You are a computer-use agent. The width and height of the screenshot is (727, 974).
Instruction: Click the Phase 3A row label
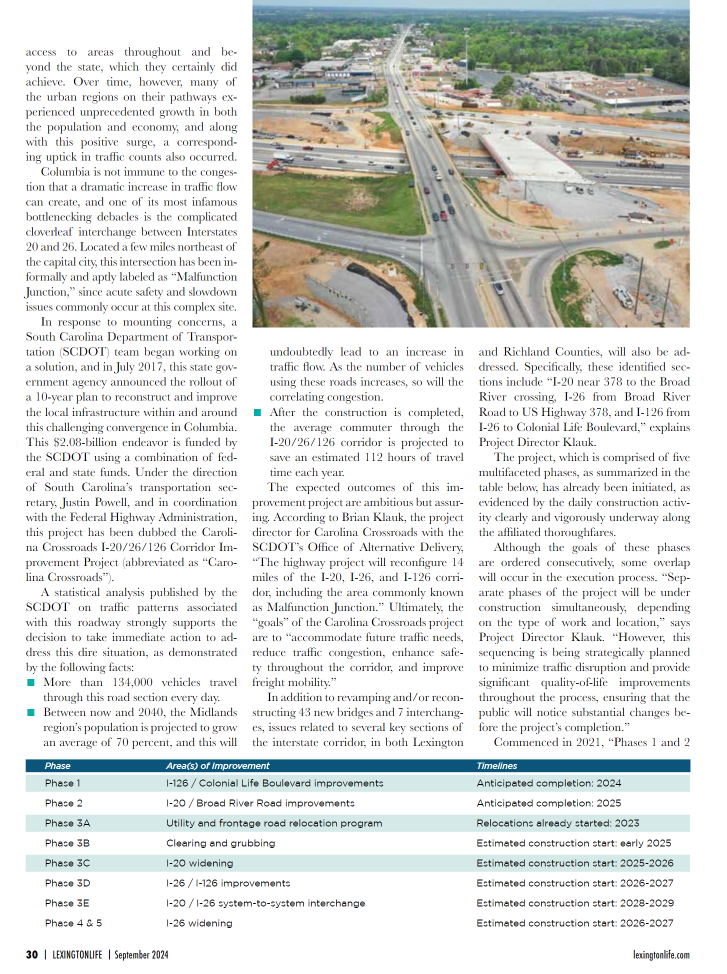click(x=67, y=823)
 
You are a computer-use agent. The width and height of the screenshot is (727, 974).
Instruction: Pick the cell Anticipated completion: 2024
click(x=548, y=783)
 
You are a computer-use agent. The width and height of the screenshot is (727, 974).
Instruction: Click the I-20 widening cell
click(x=200, y=863)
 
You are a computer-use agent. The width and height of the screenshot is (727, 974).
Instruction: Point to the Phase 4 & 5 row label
click(x=73, y=923)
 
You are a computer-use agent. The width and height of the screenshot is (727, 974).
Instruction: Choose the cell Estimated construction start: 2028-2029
click(x=574, y=903)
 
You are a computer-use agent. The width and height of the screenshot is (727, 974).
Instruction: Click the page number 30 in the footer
click(x=32, y=955)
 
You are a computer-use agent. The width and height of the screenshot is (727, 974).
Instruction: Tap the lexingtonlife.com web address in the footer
click(x=661, y=955)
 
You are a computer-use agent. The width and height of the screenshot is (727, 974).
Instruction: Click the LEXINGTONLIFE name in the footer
click(x=85, y=955)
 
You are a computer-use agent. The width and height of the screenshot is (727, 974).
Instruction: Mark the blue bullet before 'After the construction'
click(x=258, y=412)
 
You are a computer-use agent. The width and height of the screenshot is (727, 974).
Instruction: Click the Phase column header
click(x=58, y=765)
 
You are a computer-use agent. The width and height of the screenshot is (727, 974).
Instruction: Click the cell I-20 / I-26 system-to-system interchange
click(x=265, y=903)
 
